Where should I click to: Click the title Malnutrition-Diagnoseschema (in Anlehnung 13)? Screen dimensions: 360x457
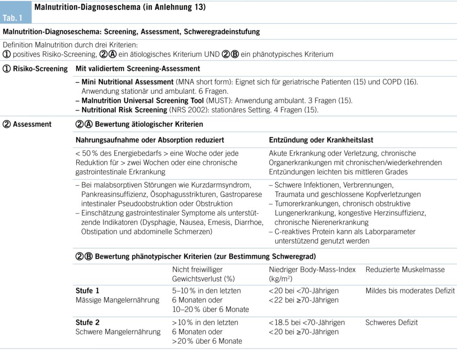point(120,8)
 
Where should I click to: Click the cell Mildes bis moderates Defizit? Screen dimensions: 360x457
point(410,291)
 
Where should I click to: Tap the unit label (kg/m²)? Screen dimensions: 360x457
point(280,279)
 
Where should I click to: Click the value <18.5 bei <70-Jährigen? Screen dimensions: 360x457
point(307,322)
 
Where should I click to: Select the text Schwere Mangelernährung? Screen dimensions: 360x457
point(118,332)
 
